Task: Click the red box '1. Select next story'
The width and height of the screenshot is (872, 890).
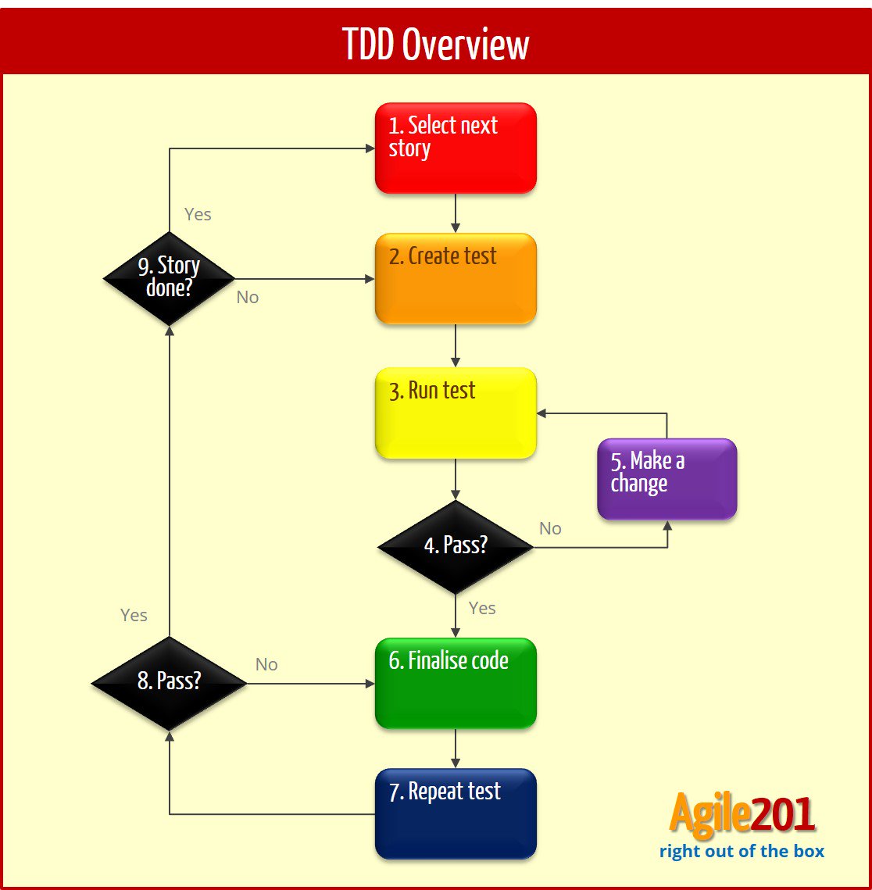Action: (456, 148)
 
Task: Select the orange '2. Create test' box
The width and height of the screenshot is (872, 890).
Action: (456, 278)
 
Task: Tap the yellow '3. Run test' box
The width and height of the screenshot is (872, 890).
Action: (456, 413)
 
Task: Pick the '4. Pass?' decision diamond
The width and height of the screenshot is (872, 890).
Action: (456, 546)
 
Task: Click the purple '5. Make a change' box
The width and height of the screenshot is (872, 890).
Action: (667, 478)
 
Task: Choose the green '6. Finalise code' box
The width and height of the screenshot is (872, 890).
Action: (456, 683)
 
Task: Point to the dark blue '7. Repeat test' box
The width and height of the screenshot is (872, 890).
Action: (456, 813)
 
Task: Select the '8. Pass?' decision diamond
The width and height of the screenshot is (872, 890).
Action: (169, 682)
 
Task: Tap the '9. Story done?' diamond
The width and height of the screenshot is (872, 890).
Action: (169, 277)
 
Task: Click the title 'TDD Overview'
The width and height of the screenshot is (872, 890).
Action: (436, 45)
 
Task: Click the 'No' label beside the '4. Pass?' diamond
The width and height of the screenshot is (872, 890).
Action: (550, 529)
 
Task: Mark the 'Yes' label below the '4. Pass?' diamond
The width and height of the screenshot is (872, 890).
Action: (482, 608)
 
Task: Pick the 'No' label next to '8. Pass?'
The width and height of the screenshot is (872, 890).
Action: (266, 664)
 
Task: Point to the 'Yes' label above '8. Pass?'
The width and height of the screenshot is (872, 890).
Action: (134, 615)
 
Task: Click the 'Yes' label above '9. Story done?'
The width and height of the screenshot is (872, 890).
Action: (198, 214)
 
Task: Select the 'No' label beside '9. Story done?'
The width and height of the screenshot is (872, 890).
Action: (247, 298)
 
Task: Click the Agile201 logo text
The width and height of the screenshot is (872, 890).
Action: (742, 816)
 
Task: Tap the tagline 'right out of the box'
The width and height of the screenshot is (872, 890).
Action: (742, 851)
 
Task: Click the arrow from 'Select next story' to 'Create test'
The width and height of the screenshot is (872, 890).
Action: (456, 213)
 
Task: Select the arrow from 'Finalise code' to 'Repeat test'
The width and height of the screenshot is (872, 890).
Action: (456, 748)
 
